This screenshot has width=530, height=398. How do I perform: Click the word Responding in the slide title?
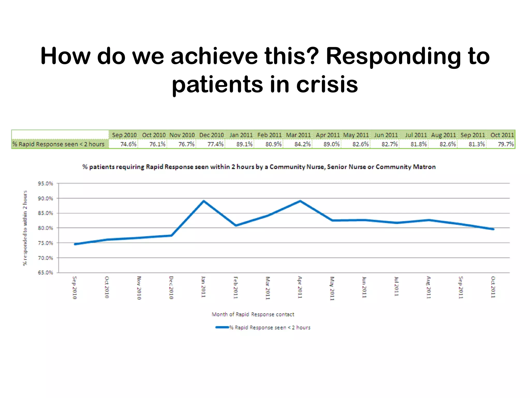[x=393, y=56]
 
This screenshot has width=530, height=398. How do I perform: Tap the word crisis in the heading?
[x=327, y=84]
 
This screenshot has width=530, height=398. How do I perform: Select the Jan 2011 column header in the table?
[x=241, y=135]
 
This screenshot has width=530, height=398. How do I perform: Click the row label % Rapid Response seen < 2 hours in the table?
[x=58, y=144]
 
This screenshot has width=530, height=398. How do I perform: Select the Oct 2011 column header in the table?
[x=502, y=135]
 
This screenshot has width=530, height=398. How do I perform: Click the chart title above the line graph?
[x=259, y=167]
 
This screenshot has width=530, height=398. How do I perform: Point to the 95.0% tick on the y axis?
[x=45, y=183]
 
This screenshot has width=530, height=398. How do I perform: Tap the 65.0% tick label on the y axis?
[x=45, y=272]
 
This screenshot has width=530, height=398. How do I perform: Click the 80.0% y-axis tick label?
[x=45, y=228]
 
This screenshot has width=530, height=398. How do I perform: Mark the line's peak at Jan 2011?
[x=204, y=201]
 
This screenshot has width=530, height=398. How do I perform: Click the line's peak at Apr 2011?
[x=300, y=201]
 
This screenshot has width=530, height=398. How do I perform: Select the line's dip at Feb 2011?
[x=236, y=225]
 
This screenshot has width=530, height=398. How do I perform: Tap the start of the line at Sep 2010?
[x=75, y=244]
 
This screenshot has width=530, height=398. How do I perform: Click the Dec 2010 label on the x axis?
[x=171, y=288]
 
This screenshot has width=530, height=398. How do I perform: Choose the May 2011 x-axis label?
[x=332, y=288]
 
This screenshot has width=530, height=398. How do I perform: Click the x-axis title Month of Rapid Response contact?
[x=253, y=314]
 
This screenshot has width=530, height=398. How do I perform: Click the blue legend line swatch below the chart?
[x=222, y=327]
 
